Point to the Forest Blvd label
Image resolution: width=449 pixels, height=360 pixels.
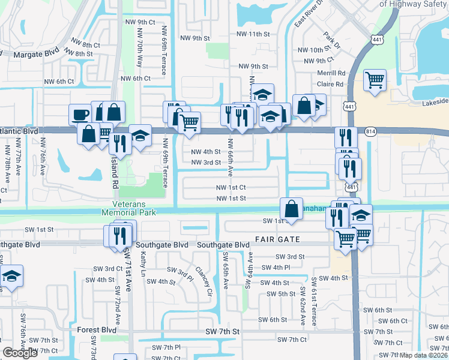click(x=97, y=330)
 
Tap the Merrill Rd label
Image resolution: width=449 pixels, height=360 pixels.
click(x=331, y=73)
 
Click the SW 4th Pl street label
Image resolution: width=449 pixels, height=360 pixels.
click(x=276, y=267)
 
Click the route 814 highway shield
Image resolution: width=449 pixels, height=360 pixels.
click(x=370, y=131)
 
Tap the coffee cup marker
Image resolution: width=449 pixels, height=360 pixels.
click(x=80, y=113)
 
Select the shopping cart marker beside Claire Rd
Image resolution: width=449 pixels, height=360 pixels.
click(x=375, y=80)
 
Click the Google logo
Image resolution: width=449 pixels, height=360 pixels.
click(x=20, y=353)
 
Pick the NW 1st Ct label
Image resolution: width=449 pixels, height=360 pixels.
click(x=231, y=187)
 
